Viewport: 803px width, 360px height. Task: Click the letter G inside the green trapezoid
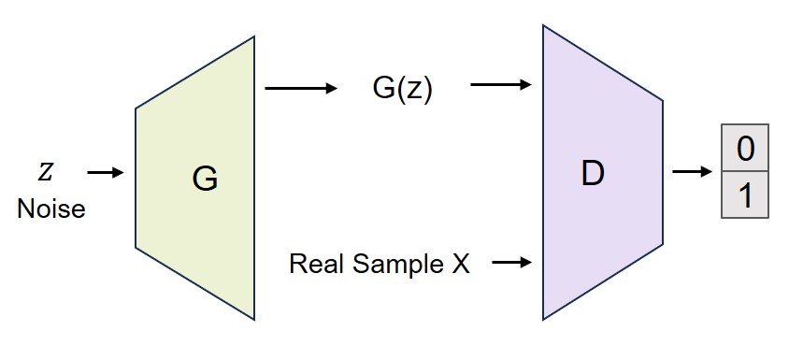coord(204,179)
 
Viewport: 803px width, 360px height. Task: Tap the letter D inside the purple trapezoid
coord(592,174)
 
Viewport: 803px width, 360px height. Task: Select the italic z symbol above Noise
coord(45,173)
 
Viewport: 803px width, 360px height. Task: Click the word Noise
coord(50,209)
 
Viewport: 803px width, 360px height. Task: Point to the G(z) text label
coord(402,91)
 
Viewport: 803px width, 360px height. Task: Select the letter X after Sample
coord(460,264)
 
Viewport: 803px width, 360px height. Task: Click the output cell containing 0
coord(744,148)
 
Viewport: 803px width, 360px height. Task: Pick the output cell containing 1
coord(744,194)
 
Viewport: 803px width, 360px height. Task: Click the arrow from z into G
coord(105,173)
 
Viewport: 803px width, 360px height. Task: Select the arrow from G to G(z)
coord(300,89)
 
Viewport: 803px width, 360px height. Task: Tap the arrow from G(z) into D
coord(501,86)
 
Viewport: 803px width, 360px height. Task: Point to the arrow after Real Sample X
coord(512,263)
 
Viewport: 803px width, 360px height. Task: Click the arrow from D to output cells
coord(691,173)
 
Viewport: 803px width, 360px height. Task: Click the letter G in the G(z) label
coord(382,91)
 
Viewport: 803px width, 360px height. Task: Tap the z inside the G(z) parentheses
coord(411,93)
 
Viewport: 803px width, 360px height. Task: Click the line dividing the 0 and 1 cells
coord(744,171)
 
